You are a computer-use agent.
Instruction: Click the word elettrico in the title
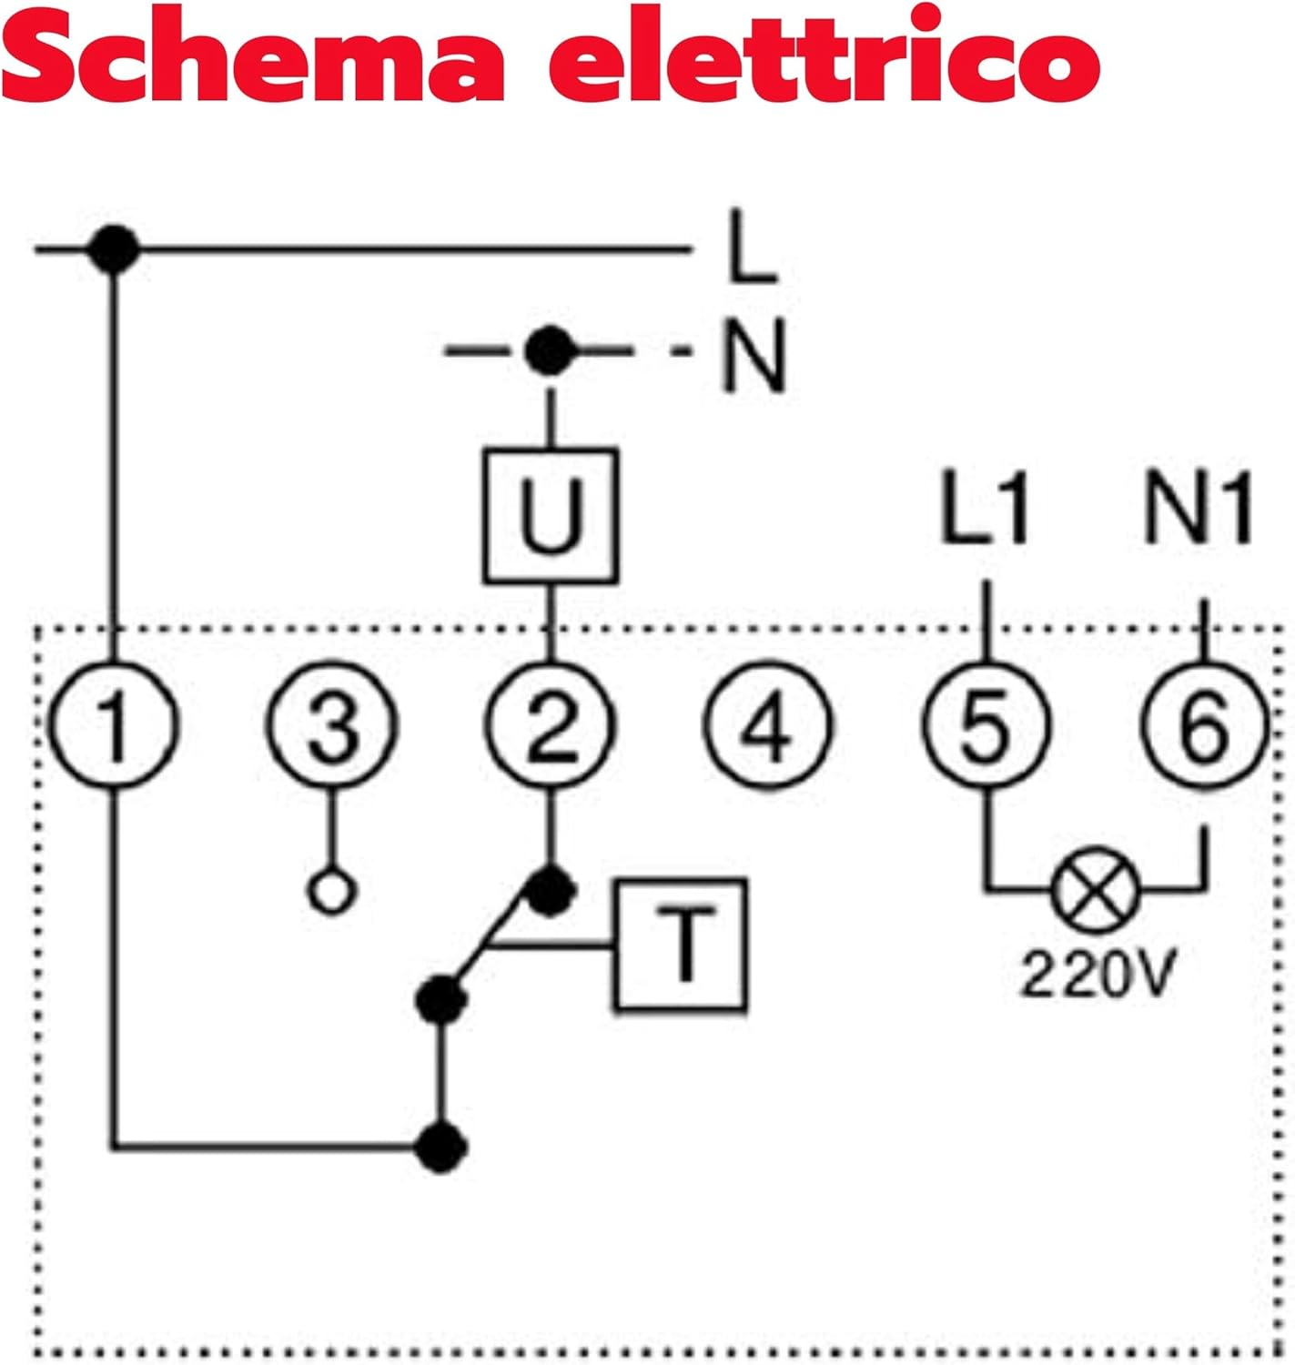tap(824, 56)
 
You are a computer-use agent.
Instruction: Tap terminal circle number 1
tap(113, 725)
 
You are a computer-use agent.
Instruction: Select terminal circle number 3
tap(332, 725)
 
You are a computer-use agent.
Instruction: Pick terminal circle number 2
tap(551, 725)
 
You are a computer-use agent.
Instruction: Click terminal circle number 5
tap(986, 725)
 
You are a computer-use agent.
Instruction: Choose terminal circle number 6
tap(1204, 725)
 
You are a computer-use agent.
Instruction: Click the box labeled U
tap(551, 515)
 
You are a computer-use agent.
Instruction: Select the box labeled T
tap(682, 945)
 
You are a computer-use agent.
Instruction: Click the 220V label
tap(1097, 974)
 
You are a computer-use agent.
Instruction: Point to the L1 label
tap(986, 510)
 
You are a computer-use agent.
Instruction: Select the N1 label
tap(1198, 510)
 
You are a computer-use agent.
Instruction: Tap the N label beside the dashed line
tap(753, 355)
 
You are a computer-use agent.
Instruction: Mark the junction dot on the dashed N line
tap(550, 351)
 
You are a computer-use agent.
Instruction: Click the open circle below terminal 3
tap(332, 892)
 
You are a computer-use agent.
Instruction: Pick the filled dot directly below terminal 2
tap(551, 890)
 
